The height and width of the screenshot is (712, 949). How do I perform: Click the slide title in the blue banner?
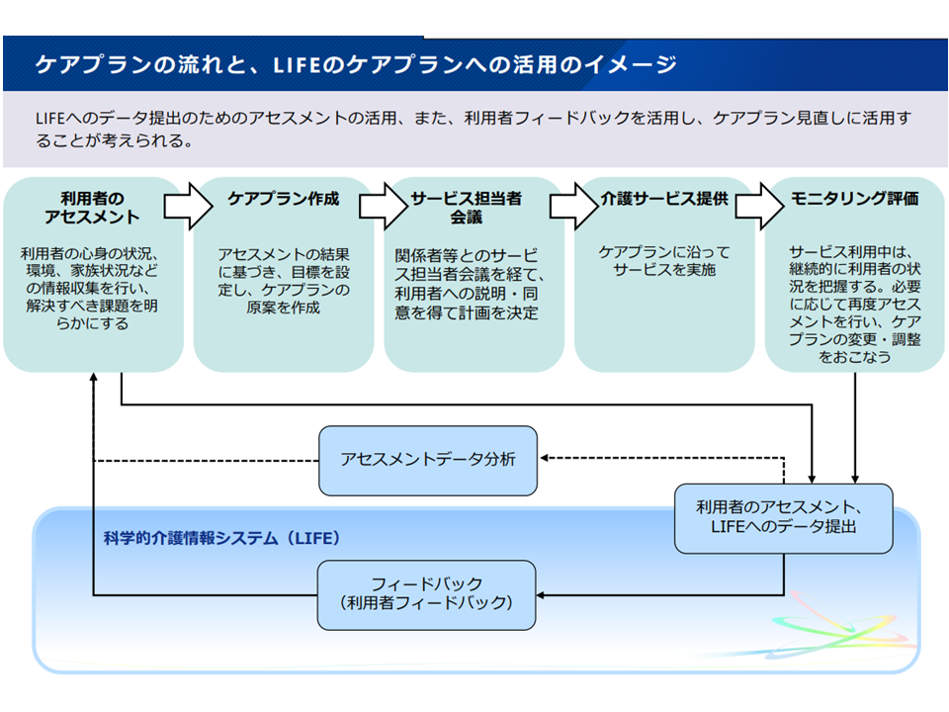(x=356, y=65)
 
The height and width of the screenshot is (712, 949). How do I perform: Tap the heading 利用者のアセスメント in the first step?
(x=93, y=208)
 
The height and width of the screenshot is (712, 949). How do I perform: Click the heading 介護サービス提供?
(x=664, y=199)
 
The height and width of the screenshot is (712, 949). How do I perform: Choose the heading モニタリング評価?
(x=855, y=199)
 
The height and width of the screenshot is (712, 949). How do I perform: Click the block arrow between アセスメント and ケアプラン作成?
(x=188, y=206)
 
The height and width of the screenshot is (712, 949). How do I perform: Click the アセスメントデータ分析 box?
(x=428, y=460)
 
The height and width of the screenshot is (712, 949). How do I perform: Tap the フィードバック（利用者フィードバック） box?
(x=426, y=594)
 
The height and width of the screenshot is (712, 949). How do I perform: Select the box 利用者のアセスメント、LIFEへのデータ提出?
(x=783, y=517)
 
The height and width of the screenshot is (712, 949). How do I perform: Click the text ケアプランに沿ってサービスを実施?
(x=664, y=261)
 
